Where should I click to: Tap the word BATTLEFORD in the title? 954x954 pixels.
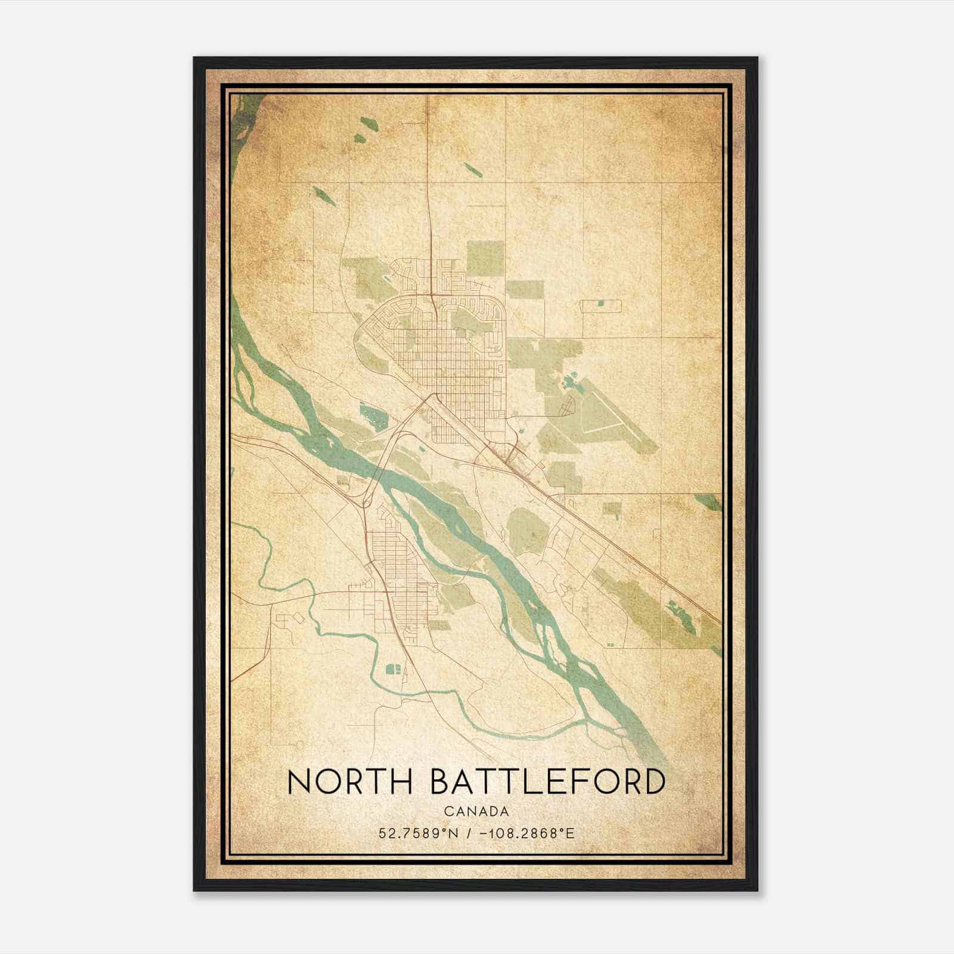[547, 782]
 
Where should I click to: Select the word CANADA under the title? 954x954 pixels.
[476, 811]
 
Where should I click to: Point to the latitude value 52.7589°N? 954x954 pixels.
[419, 833]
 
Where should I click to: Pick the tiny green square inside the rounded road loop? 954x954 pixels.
[600, 304]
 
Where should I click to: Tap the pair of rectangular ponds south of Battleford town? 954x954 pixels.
[394, 668]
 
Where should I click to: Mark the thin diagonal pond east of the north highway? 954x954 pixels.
[472, 169]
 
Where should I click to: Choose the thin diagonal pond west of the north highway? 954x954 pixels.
[324, 196]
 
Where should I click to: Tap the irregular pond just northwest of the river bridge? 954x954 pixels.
[373, 416]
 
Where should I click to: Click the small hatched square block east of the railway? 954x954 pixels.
[612, 508]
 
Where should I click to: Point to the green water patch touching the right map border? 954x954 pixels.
[710, 501]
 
